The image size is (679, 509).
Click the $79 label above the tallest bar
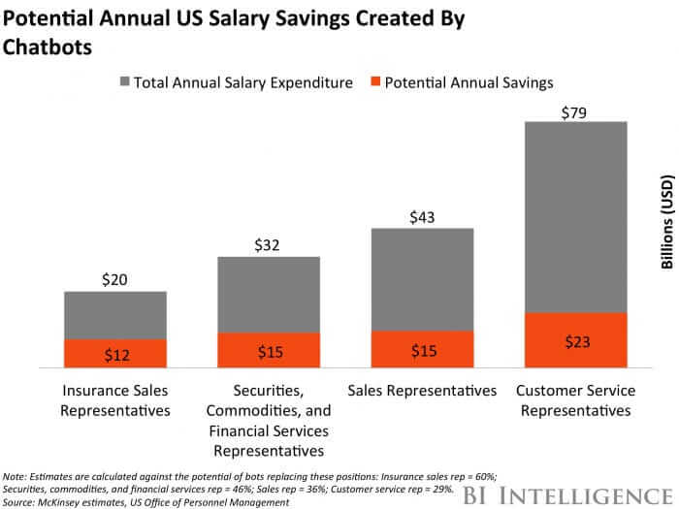[x=576, y=113]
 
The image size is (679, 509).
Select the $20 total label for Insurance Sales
[x=115, y=280]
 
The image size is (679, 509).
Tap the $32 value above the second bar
[x=269, y=245]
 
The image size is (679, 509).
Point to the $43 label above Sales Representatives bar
[x=422, y=217]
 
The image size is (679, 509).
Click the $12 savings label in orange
[x=115, y=355]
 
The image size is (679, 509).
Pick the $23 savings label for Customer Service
[x=576, y=341]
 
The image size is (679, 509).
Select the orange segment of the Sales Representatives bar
[x=422, y=349]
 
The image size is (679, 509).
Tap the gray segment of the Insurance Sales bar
[x=115, y=316]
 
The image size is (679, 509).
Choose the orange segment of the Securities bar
[x=269, y=350]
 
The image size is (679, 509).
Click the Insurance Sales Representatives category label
[x=115, y=399]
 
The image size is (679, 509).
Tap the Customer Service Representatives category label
[x=576, y=399]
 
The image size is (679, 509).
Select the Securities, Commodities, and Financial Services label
[x=269, y=419]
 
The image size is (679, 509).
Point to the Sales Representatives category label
[x=422, y=391]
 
